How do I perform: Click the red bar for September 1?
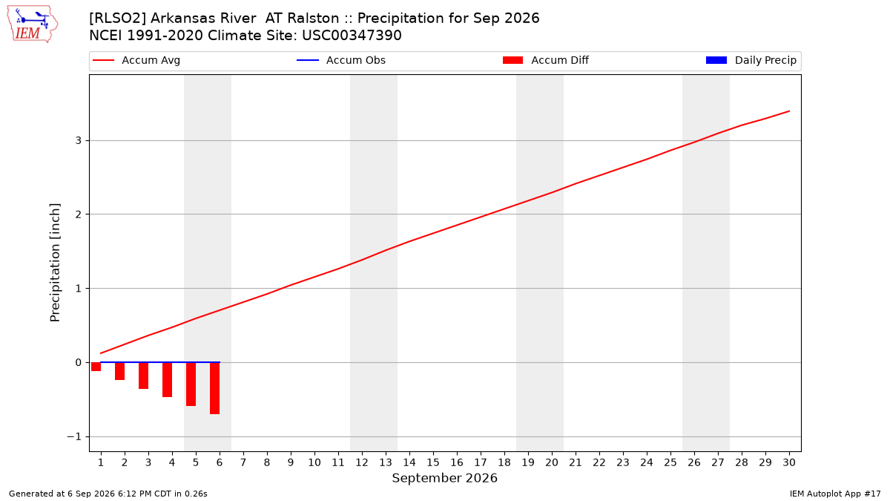(96, 367)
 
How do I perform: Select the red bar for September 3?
(143, 376)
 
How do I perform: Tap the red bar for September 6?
(214, 388)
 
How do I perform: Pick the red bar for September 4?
(168, 380)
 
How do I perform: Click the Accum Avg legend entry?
(136, 60)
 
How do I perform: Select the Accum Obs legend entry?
(341, 60)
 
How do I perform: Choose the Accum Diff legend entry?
(546, 60)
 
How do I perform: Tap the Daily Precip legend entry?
(751, 60)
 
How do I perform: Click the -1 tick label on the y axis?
(74, 437)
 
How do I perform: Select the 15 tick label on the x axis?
(433, 463)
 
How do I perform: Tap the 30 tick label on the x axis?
(789, 463)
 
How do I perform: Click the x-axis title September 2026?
(444, 478)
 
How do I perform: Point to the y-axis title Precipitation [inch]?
(55, 263)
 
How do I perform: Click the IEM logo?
(33, 24)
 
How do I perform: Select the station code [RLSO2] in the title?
(118, 19)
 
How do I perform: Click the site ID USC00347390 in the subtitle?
(352, 36)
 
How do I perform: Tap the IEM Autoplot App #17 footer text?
(835, 494)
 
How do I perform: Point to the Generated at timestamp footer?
(108, 494)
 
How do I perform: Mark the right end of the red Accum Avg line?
(789, 111)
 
